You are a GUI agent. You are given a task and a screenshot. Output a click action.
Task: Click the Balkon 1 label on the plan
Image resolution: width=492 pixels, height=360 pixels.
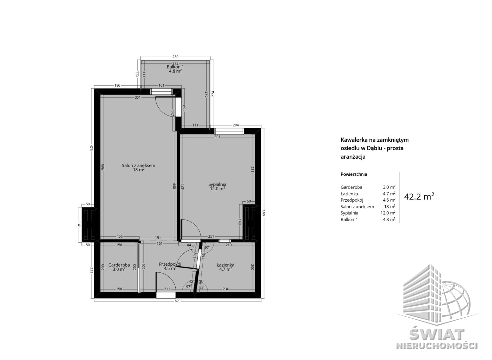175,67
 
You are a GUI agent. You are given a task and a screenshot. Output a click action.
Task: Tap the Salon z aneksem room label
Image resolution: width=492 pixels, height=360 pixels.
138,165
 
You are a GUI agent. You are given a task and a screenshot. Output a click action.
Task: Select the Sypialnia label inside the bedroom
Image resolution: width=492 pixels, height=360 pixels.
217,184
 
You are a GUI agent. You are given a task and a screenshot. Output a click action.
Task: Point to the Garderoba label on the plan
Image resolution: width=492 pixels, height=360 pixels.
119,265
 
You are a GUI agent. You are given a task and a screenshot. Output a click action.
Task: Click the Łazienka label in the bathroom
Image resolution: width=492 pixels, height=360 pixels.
226,265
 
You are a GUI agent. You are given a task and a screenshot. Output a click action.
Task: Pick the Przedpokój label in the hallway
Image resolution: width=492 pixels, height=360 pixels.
170,264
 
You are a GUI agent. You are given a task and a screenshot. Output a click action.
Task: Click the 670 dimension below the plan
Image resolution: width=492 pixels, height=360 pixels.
177,301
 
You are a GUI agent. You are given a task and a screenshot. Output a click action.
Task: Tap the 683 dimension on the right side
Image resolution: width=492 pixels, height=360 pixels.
264,213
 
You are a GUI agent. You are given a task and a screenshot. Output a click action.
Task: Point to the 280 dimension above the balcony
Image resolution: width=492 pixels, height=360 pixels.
175,57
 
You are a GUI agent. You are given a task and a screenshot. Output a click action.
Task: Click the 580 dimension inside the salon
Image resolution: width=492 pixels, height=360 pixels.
103,167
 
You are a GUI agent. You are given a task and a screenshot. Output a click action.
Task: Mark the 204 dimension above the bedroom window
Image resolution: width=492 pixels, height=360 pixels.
236,125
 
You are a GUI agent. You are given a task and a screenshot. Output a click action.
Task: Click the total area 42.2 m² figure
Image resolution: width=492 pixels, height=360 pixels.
419,196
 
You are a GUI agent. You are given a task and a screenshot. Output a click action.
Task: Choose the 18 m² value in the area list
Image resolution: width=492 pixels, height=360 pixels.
389,207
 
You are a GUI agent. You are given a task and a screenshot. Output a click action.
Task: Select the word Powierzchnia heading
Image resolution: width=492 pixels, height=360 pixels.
354,174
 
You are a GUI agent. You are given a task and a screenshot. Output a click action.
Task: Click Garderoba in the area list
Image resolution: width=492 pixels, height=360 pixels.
351,187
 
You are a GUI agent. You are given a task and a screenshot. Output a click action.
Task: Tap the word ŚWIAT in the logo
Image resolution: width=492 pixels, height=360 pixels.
437,334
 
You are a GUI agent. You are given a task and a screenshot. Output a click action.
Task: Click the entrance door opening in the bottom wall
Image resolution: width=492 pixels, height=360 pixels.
166,295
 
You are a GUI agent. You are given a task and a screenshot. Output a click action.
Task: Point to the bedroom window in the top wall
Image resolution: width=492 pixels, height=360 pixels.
229,131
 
